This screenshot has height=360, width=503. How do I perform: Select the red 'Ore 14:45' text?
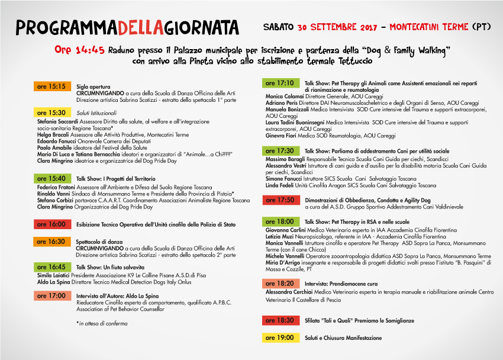pos(79,50)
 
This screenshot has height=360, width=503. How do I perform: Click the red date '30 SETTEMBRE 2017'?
pos(337,27)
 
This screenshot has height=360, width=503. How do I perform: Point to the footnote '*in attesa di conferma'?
pos(102,323)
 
